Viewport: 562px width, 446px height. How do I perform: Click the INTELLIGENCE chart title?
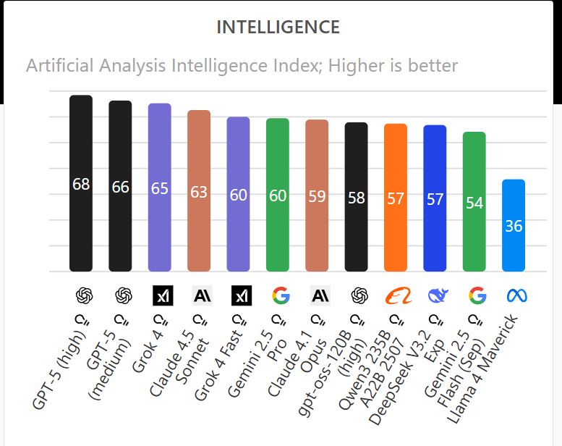coord(278,28)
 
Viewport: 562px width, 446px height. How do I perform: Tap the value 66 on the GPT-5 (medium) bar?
coord(120,188)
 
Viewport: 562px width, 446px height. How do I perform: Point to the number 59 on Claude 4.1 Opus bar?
coord(317,196)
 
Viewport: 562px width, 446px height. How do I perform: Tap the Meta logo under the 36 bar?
coord(516,295)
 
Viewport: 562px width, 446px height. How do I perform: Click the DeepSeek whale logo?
coord(438,295)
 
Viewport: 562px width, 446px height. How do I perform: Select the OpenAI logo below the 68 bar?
coord(84,295)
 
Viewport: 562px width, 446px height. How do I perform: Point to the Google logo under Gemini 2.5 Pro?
coord(281,295)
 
